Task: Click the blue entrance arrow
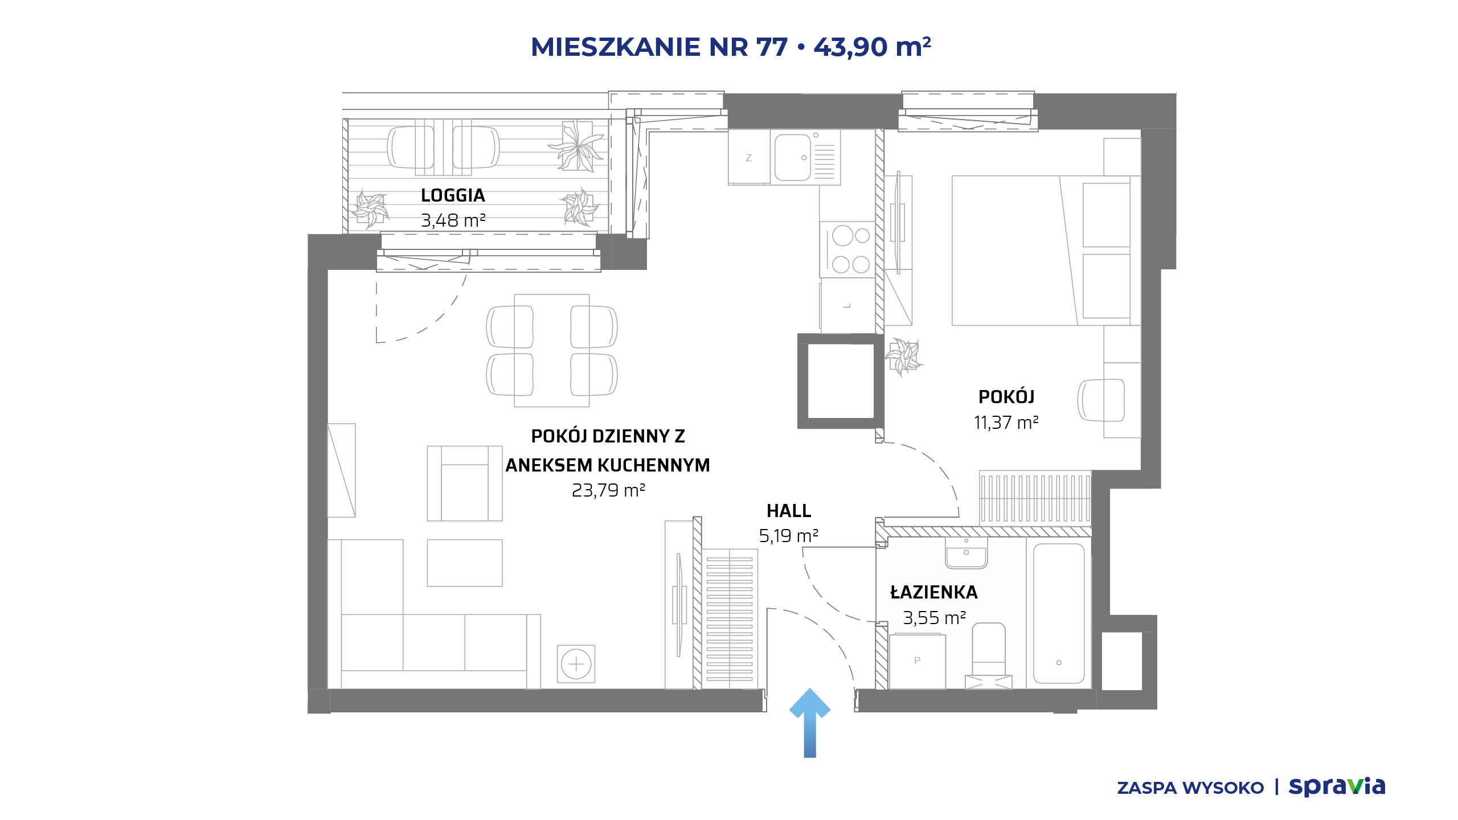click(809, 723)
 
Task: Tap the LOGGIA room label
click(453, 195)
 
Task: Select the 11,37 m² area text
click(1006, 423)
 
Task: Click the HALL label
click(789, 511)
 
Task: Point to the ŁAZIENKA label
click(934, 592)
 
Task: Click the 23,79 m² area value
click(608, 490)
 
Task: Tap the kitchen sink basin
click(792, 157)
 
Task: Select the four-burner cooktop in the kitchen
click(847, 249)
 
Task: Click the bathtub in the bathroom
click(1059, 613)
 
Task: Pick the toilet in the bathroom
click(989, 655)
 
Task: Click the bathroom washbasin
click(966, 553)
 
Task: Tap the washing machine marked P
click(917, 662)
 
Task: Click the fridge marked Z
click(749, 157)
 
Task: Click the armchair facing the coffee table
click(465, 483)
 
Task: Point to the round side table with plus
click(576, 664)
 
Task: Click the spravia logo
click(1337, 787)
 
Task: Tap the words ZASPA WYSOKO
click(1190, 788)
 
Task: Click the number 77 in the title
click(772, 47)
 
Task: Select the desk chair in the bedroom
click(1101, 400)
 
